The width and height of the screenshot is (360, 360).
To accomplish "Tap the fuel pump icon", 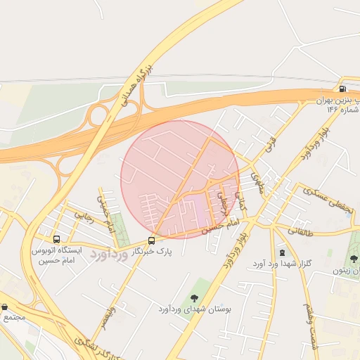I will pos(342,89).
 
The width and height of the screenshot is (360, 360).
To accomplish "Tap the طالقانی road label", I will pos(301,229).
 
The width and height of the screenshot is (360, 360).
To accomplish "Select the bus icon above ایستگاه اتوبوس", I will pos(56,239).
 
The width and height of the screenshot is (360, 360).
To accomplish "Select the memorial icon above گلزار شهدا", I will pos(283,252).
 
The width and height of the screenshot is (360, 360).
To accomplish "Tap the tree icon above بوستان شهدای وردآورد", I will pos(195,297).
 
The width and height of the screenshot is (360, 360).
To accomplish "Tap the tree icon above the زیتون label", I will pos(353,259).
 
